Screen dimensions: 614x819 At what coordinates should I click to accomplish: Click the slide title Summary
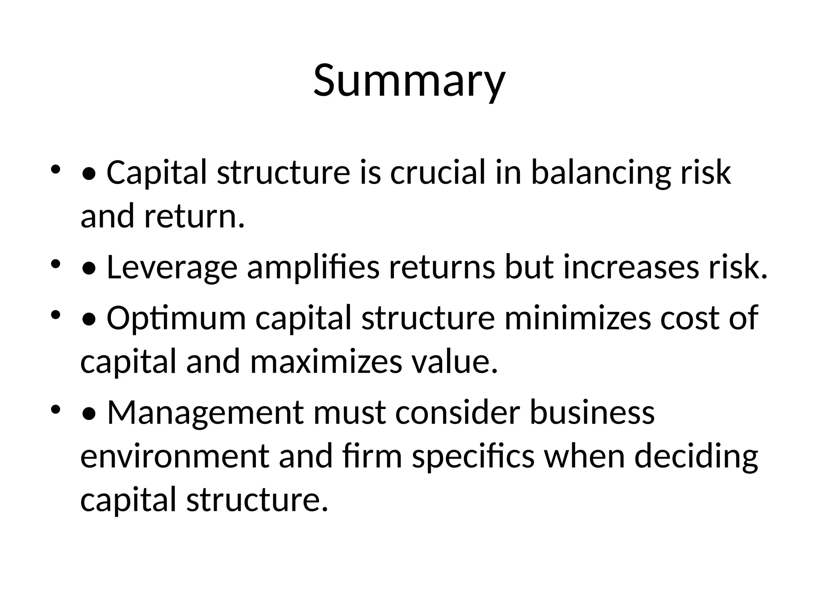[409, 81]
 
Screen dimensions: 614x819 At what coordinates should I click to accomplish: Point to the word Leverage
[172, 268]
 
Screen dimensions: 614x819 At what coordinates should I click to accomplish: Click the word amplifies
[313, 268]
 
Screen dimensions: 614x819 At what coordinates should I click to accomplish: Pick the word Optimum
[176, 318]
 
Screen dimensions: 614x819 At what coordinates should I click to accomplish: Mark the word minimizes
[577, 318]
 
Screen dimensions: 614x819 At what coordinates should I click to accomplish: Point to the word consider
[458, 413]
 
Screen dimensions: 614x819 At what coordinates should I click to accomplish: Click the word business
[592, 413]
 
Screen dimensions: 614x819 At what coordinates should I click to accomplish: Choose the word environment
[175, 457]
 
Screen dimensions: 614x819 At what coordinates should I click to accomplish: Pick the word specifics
[473, 457]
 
